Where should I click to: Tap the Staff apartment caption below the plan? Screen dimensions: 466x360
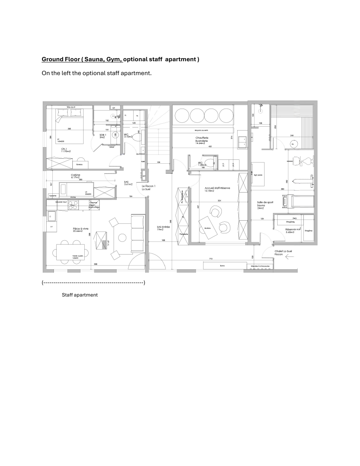point(80,295)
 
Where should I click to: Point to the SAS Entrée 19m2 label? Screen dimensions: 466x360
point(163,228)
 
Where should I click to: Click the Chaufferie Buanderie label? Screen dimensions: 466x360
point(201,140)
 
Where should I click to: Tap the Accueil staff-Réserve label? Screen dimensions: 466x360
point(217,189)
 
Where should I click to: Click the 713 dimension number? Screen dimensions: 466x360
point(211,259)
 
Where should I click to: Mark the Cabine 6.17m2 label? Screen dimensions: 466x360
point(75,176)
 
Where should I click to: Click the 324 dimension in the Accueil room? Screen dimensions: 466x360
point(219,201)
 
